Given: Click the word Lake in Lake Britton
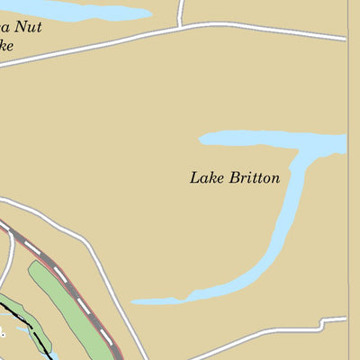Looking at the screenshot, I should pyautogui.click(x=205, y=177).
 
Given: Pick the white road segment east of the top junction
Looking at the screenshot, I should pyautogui.click(x=270, y=31).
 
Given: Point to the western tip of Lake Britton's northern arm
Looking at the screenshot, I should pyautogui.click(x=202, y=139).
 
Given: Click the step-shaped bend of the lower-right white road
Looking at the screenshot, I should pyautogui.click(x=322, y=322).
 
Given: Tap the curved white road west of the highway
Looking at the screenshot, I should pyautogui.click(x=8, y=261).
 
